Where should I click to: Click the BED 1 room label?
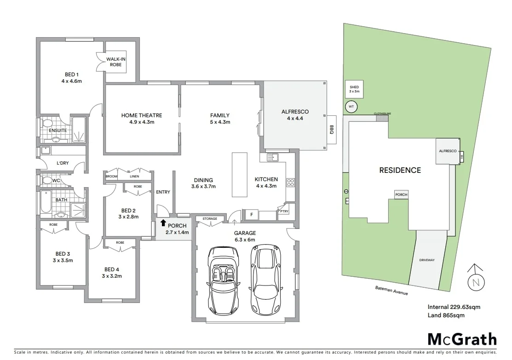point(71,74)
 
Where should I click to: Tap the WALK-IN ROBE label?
point(115,62)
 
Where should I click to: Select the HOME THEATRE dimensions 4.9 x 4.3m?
point(141,122)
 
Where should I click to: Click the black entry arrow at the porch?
point(163,223)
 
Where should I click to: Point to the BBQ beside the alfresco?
point(330,131)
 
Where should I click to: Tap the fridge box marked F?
point(251,214)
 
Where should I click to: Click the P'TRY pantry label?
point(283,211)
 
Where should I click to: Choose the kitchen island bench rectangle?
point(239,174)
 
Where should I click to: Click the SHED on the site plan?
point(354,89)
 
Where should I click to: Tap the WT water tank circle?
point(351,107)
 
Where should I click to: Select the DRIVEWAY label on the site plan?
point(427,260)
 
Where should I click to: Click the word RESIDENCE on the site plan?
point(400,170)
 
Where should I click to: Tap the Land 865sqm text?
point(446,315)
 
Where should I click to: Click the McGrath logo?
point(462,339)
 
